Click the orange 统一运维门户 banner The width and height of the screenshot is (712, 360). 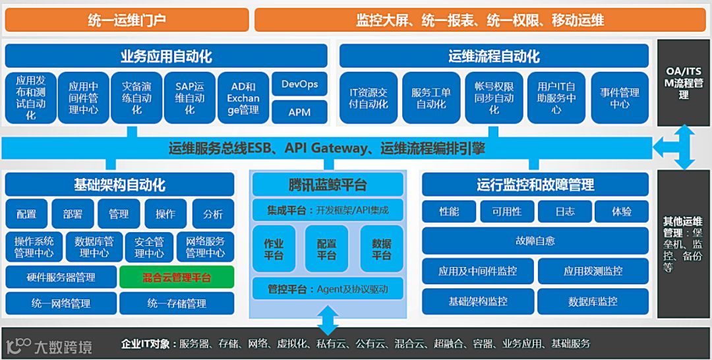coord(127,20)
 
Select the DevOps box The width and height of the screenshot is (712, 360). coord(299,84)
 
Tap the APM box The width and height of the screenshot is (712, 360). coord(299,112)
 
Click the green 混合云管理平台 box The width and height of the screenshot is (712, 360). coord(177,278)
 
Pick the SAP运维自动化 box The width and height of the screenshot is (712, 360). coord(190,98)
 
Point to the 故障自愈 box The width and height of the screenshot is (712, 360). coord(535,241)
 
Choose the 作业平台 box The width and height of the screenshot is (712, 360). coord(274,249)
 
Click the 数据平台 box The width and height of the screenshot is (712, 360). coord(382,249)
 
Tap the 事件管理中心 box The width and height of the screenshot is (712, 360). coord(619,98)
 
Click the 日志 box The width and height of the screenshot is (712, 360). coord(564,212)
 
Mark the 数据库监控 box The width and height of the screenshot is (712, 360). coord(593,301)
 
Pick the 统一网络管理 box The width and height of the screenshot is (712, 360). coord(61,303)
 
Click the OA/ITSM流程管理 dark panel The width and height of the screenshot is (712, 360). coord(684,82)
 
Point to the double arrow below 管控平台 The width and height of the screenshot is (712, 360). coord(328,321)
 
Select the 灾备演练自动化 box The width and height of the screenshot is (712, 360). coord(136,98)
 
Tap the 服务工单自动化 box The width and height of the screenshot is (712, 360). coord(431,98)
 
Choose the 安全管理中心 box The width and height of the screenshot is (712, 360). coord(149,247)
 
